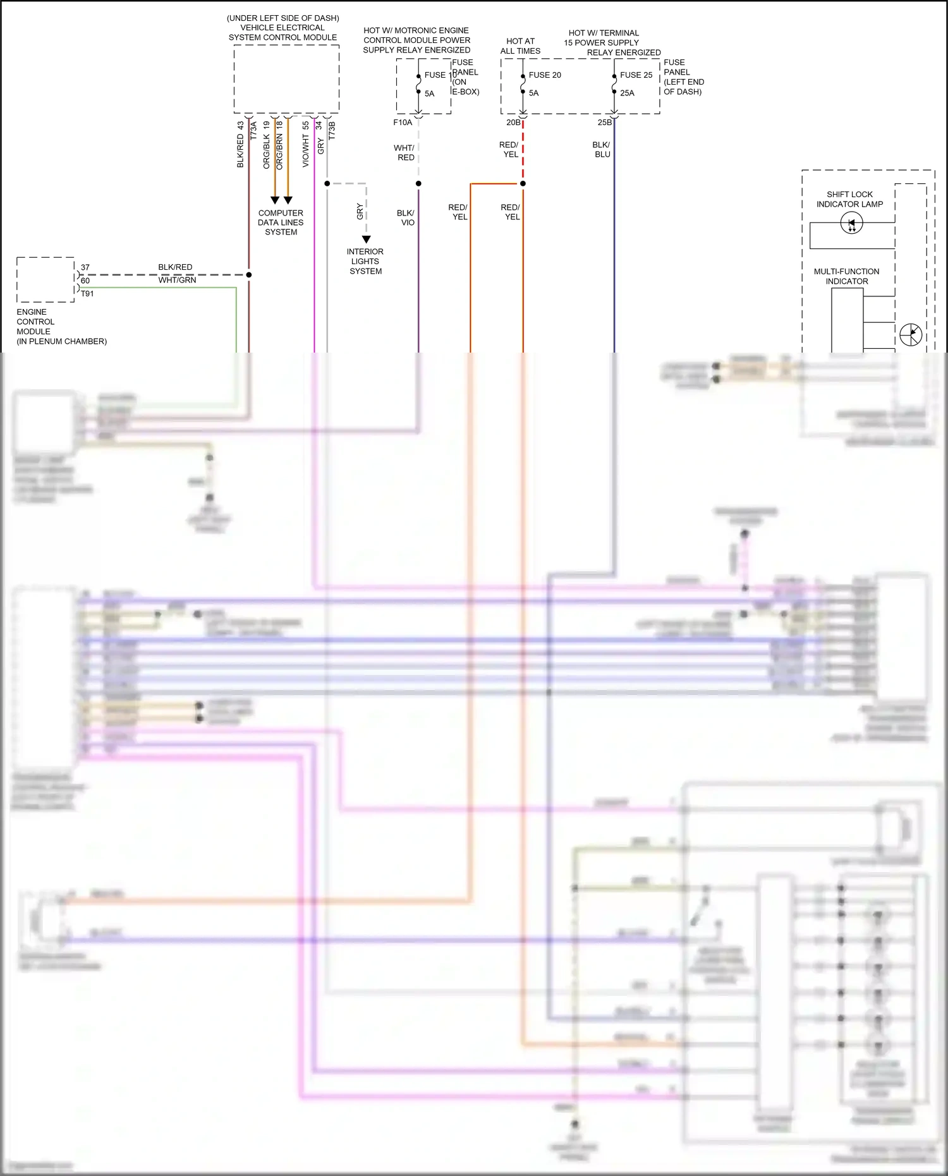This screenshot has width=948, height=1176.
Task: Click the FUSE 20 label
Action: [544, 75]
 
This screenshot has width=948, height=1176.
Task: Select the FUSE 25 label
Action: [636, 75]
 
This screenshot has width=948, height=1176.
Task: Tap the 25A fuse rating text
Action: [627, 93]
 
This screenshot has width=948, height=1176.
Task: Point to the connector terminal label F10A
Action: [403, 123]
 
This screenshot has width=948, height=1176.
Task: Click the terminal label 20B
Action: [513, 123]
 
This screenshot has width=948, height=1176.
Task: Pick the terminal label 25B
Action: [605, 123]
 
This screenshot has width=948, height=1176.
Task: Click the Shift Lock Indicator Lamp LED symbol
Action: [851, 223]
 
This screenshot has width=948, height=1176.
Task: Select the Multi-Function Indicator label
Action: [846, 276]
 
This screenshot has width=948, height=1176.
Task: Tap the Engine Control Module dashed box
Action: [46, 279]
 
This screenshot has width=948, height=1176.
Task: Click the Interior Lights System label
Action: [365, 261]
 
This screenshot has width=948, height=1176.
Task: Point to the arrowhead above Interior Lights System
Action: [366, 239]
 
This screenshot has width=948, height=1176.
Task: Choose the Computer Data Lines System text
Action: [281, 222]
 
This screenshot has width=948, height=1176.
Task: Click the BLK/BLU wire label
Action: [602, 149]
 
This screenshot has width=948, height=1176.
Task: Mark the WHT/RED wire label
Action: [404, 152]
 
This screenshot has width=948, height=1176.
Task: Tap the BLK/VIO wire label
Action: [406, 217]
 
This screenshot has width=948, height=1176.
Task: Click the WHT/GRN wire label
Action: [177, 280]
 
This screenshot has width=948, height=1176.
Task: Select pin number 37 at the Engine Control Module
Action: [85, 267]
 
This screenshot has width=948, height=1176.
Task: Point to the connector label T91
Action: [87, 294]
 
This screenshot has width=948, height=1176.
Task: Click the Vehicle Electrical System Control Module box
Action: [286, 79]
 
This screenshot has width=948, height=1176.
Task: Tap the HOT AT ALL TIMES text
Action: [520, 46]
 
